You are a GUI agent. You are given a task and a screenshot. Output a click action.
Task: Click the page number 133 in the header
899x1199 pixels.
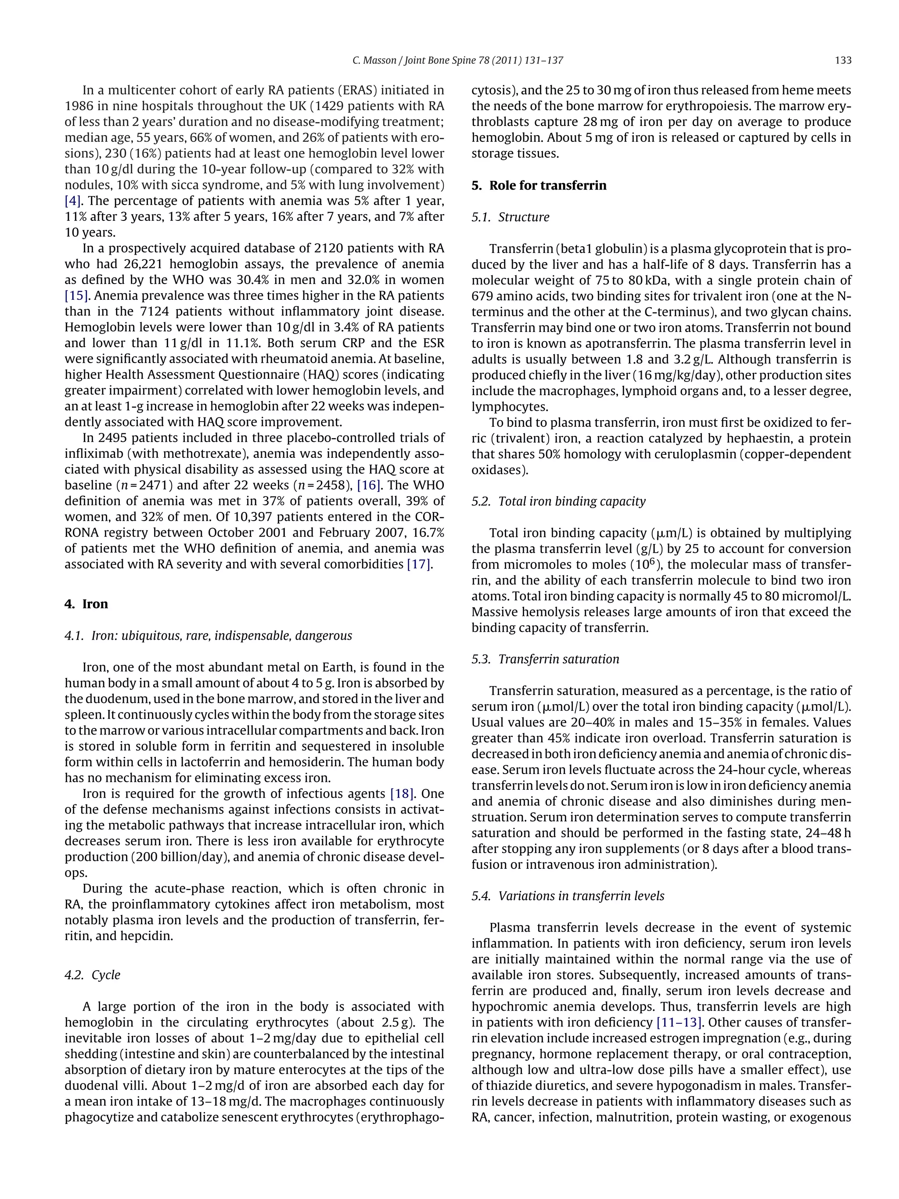click(843, 61)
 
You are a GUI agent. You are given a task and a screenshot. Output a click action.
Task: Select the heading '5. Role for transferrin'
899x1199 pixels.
click(539, 185)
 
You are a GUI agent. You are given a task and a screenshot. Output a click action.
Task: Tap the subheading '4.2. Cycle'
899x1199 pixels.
click(92, 975)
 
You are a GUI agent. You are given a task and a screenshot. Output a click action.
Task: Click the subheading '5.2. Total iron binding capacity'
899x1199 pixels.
click(558, 501)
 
